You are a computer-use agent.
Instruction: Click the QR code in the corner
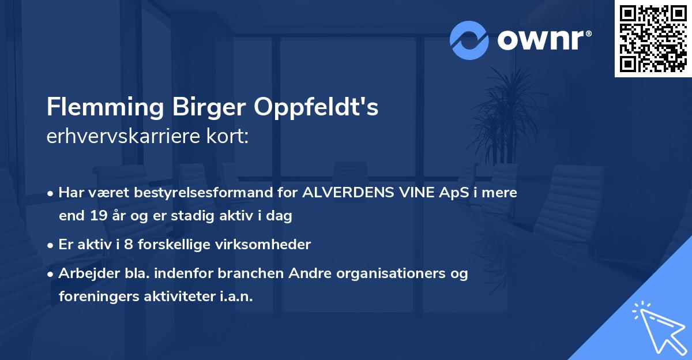(x=653, y=39)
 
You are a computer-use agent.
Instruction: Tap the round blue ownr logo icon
(x=469, y=40)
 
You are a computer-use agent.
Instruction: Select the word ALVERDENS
(x=346, y=193)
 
